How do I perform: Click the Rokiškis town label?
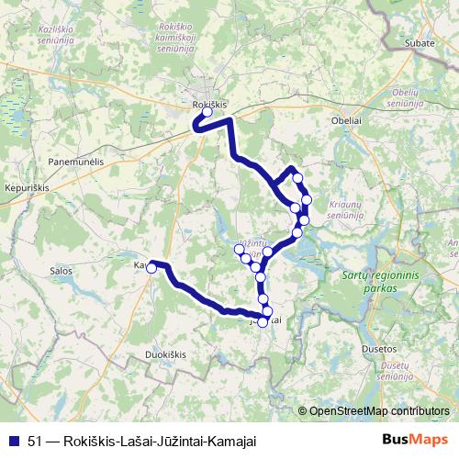(209, 105)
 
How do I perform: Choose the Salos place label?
(62, 271)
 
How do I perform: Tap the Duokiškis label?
(165, 353)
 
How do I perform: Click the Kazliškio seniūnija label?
(56, 35)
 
